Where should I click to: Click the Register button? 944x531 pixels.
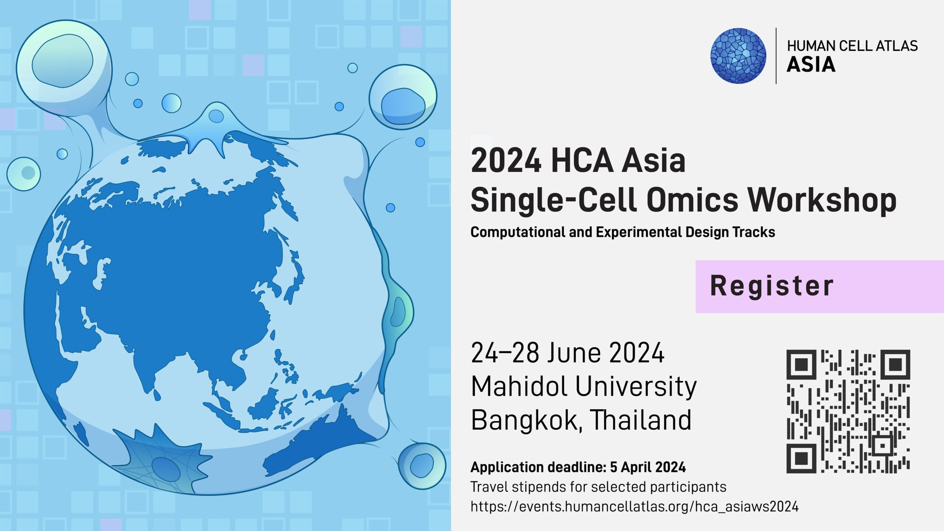(819, 287)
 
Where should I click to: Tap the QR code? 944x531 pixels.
(848, 411)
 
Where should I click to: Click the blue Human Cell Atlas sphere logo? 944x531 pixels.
(738, 56)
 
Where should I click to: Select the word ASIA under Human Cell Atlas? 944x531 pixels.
(811, 65)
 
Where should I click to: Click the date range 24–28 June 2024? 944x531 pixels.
(568, 353)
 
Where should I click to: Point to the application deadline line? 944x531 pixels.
(578, 467)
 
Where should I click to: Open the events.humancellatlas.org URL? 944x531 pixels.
(635, 507)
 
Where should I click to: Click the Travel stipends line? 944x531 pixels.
(598, 487)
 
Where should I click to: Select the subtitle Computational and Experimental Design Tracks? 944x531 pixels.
(623, 232)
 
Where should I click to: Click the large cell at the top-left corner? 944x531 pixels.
(63, 63)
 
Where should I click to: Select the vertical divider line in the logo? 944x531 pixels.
(776, 56)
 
